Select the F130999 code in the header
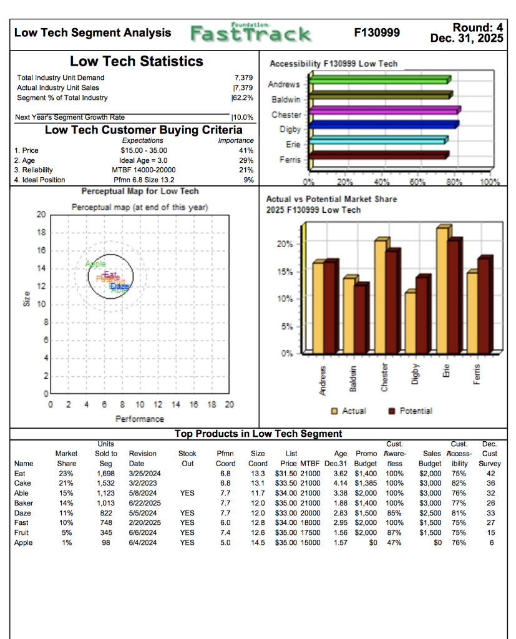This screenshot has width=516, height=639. point(377,32)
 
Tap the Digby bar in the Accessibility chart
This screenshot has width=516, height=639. point(383,125)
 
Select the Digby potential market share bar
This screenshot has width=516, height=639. point(423,315)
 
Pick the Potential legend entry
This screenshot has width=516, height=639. point(409,411)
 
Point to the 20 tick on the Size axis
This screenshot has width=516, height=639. point(40,214)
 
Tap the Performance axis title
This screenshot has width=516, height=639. point(140,419)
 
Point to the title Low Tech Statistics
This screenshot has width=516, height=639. point(136,61)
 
